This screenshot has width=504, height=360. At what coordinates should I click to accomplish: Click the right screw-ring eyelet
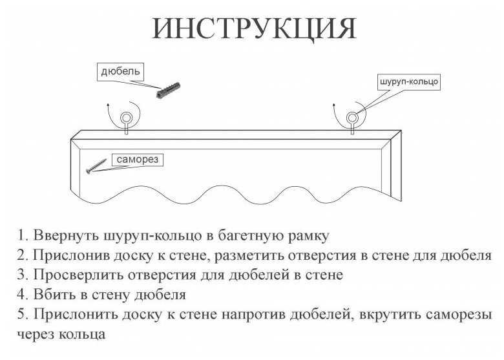point(352,118)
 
